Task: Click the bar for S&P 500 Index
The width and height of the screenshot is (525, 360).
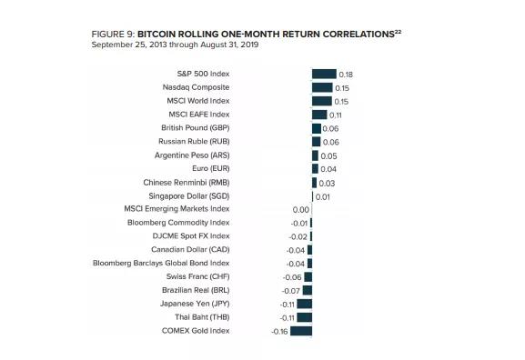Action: (x=324, y=74)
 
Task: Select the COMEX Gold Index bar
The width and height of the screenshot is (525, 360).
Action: (x=302, y=331)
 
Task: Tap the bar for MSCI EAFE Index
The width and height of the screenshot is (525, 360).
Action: (x=318, y=115)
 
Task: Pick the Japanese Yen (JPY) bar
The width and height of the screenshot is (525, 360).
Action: (x=305, y=304)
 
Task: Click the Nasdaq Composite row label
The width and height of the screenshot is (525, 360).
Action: (x=196, y=87)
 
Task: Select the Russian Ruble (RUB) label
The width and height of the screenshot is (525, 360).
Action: (x=195, y=142)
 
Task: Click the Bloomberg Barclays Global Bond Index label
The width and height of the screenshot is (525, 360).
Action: (x=161, y=263)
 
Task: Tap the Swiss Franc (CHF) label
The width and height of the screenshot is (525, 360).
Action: (x=198, y=276)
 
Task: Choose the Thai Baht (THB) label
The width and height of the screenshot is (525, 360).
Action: (x=202, y=317)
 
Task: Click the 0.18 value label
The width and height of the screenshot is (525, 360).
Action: (x=345, y=75)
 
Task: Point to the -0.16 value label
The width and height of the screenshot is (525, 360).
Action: (x=279, y=332)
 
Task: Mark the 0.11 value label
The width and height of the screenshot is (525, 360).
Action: (x=335, y=115)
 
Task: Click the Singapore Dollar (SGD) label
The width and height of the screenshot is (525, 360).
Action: (x=189, y=195)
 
